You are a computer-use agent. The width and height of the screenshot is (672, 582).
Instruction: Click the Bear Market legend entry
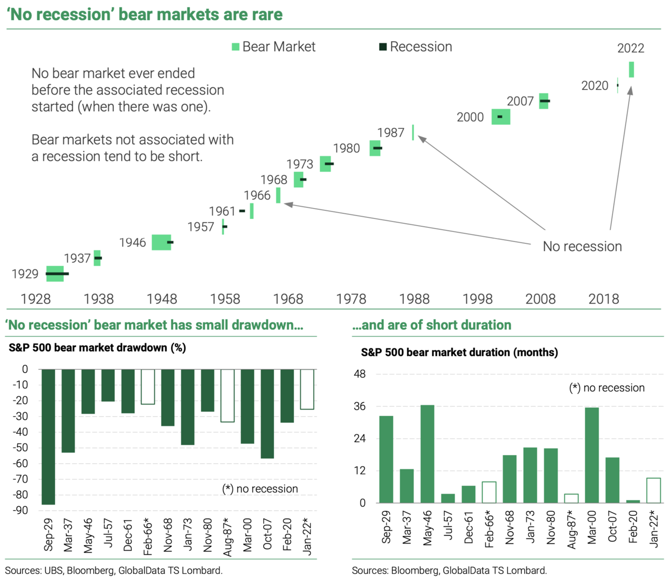(x=274, y=47)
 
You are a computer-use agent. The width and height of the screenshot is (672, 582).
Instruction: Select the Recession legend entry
(x=416, y=47)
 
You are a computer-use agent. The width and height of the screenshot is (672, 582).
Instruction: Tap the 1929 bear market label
(x=25, y=274)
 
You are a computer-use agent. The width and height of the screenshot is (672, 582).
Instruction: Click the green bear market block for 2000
(x=501, y=117)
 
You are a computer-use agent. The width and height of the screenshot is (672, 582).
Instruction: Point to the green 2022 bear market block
(x=631, y=70)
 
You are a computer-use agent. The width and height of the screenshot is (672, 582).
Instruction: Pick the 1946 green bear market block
(x=161, y=242)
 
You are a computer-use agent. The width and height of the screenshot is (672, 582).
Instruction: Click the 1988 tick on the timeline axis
(x=415, y=299)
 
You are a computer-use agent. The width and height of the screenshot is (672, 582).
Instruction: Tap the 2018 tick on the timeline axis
(x=604, y=299)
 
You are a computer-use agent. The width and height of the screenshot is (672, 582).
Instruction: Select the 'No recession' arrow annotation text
(x=582, y=247)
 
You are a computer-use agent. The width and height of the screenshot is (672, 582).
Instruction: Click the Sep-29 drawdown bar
(x=48, y=437)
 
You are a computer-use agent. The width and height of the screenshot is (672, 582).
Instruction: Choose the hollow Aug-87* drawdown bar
(x=227, y=395)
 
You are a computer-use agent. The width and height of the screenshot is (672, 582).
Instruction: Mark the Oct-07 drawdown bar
(x=267, y=414)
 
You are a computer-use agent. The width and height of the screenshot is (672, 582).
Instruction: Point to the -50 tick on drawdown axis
(x=21, y=448)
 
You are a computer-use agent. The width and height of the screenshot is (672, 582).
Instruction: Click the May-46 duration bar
(x=428, y=454)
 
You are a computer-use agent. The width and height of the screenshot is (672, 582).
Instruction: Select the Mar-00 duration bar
(x=592, y=455)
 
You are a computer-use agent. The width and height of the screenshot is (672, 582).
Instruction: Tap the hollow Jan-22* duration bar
(x=653, y=490)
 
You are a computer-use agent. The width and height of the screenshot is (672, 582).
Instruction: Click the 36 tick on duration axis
(x=359, y=407)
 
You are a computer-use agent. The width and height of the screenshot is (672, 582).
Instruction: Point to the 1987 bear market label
(x=391, y=133)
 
